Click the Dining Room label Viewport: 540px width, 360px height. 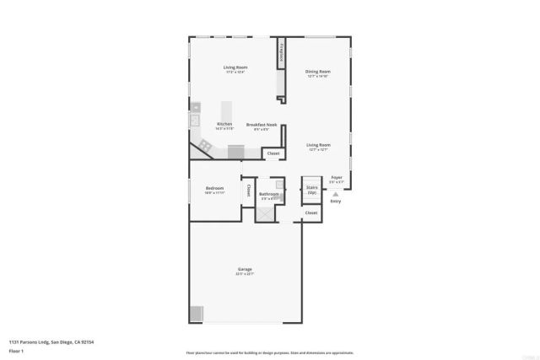[x=317, y=72]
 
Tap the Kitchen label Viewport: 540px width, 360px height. [x=224, y=124]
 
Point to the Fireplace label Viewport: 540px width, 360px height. [x=282, y=53]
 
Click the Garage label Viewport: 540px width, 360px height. [x=244, y=270]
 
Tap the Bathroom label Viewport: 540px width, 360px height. [x=269, y=194]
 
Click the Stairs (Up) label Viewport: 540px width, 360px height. [x=311, y=190]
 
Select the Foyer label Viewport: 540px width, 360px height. [x=337, y=177]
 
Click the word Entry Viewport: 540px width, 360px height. [x=335, y=201]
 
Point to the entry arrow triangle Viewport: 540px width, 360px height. [x=336, y=193]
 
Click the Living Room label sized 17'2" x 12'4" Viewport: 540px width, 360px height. [x=235, y=67]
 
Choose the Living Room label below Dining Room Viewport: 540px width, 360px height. [x=317, y=145]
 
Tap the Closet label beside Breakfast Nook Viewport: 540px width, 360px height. [x=273, y=153]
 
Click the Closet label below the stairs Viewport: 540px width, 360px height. [x=310, y=213]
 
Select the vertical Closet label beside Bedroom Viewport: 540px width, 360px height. [x=248, y=191]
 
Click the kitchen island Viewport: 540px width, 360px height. [x=226, y=112]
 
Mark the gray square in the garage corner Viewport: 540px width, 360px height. [x=196, y=314]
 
